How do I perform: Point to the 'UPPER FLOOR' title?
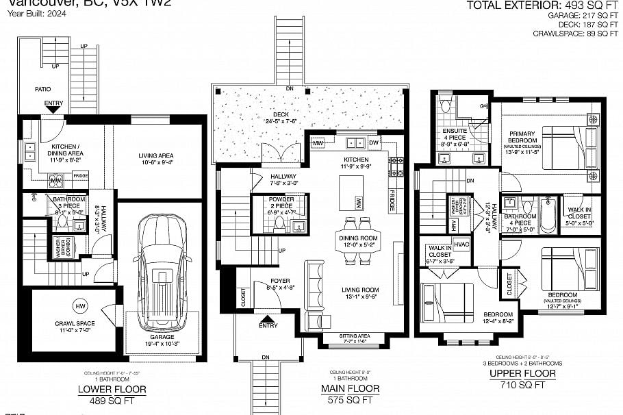522,374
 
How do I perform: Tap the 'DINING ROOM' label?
359,238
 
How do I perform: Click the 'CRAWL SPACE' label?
75,324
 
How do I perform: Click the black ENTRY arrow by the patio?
53,108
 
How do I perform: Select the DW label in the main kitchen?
374,142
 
